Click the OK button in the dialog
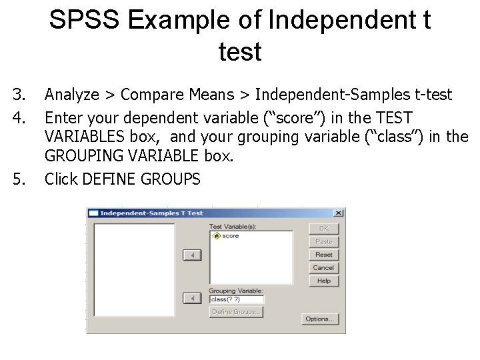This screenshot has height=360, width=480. coord(323,229)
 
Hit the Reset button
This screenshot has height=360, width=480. coord(323,255)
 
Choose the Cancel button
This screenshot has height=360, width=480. coord(323,267)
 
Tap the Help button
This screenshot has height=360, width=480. coord(323,281)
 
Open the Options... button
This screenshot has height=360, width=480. coord(319,319)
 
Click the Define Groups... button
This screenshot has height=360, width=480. coord(237,312)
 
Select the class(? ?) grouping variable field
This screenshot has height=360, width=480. coord(236,299)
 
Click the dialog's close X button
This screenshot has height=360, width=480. coord(338,213)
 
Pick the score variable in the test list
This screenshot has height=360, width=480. coord(230,236)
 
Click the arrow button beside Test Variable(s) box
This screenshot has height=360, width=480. coord(192,255)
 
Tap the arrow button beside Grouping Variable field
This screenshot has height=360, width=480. coord(192,298)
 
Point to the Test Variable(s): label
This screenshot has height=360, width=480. coord(233,227)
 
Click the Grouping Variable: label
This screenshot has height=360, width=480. coord(236,291)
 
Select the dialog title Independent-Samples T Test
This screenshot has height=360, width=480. coord(151,213)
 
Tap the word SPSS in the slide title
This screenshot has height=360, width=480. coord(84,20)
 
